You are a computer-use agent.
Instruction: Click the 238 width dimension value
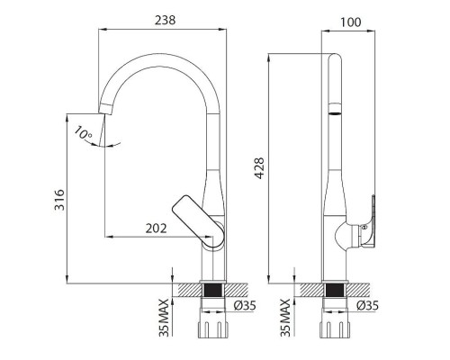pyautogui.click(x=165, y=21)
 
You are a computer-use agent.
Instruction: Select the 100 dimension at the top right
pyautogui.click(x=350, y=22)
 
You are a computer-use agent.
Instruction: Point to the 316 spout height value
pyautogui.click(x=59, y=200)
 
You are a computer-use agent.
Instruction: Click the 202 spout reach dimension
pyautogui.click(x=156, y=229)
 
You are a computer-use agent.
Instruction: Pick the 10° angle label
pyautogui.click(x=83, y=133)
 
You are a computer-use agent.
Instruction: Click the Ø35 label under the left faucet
pyautogui.click(x=245, y=305)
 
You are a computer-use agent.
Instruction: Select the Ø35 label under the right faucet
pyautogui.click(x=367, y=305)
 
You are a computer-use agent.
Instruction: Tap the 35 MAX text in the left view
pyautogui.click(x=164, y=318)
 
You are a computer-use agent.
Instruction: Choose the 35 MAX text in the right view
pyautogui.click(x=285, y=318)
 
